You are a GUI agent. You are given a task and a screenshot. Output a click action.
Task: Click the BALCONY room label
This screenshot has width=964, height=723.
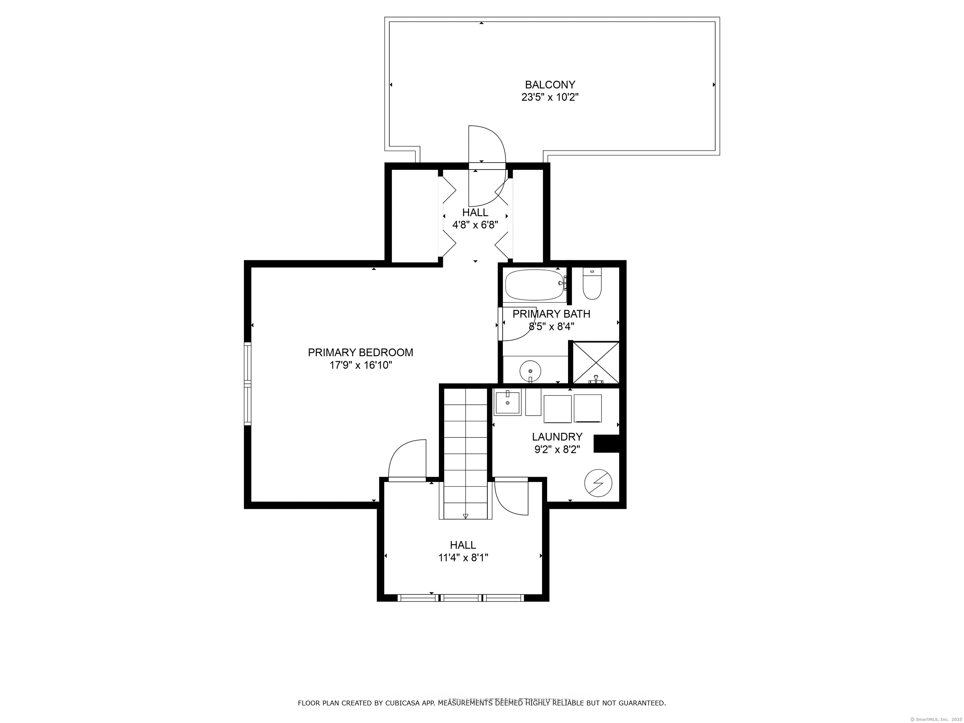[x=550, y=84]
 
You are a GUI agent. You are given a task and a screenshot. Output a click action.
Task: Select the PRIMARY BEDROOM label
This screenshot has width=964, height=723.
[x=361, y=353]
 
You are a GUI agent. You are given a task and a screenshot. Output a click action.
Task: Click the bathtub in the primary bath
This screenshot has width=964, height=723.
[x=536, y=285]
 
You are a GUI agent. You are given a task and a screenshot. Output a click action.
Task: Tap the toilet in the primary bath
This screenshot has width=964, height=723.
[x=592, y=283]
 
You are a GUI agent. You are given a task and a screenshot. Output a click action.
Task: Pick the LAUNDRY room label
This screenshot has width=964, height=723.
[x=557, y=437]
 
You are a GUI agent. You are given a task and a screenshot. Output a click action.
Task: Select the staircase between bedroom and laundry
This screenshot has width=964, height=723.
[x=465, y=453]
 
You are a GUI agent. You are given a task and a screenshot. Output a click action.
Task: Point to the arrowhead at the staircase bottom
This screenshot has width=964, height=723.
[x=465, y=516]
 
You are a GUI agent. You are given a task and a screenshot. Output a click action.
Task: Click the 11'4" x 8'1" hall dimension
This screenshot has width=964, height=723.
[x=463, y=558]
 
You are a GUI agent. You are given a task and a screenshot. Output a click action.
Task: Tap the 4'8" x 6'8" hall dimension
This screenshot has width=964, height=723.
[x=475, y=225]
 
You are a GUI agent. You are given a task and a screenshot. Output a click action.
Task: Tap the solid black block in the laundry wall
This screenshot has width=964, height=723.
[x=607, y=444]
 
